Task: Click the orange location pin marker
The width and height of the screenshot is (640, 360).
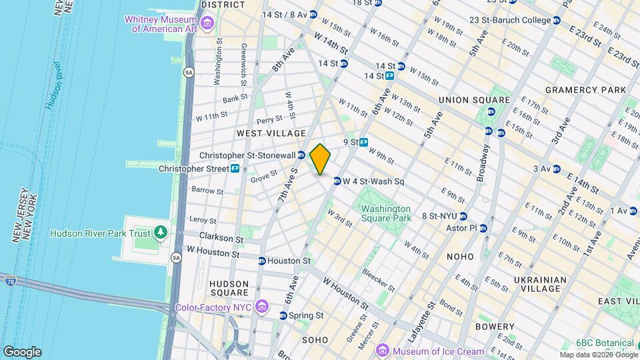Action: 320,159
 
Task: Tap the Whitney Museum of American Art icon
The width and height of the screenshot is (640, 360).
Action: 207,25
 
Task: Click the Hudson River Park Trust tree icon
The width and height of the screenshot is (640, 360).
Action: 160,233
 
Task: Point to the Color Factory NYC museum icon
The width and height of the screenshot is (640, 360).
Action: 261,307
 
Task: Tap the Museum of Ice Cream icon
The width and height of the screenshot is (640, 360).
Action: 383,351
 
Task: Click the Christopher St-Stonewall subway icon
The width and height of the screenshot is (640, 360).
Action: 301,155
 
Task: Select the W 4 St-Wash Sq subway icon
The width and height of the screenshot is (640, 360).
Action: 337,181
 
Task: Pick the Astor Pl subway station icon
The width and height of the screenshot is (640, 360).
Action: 484,228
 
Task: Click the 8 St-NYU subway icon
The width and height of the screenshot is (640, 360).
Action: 463,216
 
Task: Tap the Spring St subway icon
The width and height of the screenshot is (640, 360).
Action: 283,315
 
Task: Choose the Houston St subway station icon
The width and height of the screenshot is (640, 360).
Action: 262,261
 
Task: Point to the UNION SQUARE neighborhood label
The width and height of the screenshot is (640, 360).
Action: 473,100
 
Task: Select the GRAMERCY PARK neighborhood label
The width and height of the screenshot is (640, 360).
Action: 585,90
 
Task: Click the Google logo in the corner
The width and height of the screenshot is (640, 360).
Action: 22,351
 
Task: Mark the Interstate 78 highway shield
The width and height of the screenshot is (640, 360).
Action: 10,280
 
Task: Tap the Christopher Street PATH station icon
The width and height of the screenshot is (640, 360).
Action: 235,169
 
